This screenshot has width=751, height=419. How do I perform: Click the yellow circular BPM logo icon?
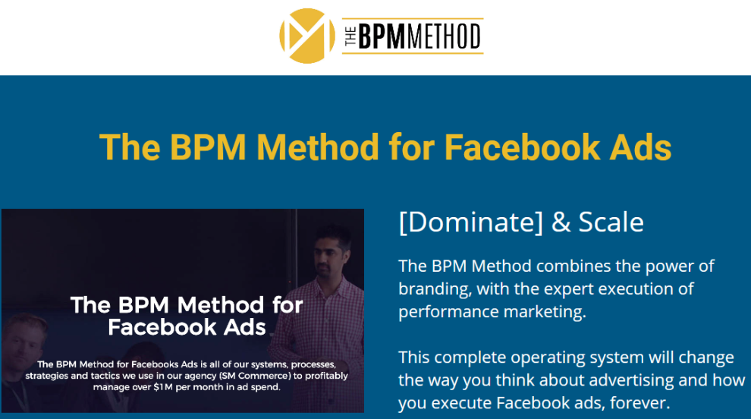point(307,36)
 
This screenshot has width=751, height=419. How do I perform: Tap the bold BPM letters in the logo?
point(382,36)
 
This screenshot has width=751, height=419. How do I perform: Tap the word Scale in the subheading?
point(611,222)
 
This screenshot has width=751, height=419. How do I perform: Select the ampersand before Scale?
point(561,222)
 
